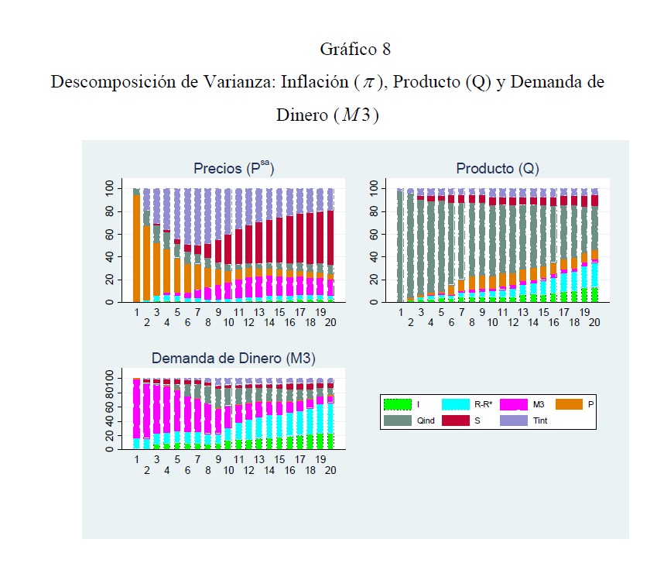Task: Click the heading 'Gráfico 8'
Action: tap(355, 50)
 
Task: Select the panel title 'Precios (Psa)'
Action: tap(233, 168)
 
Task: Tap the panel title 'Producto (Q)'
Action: tap(498, 168)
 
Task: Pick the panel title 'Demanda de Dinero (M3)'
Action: tap(234, 358)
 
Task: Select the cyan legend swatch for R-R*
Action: tap(457, 404)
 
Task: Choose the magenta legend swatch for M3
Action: tap(515, 404)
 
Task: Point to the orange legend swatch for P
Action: tap(572, 404)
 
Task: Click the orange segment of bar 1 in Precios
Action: tap(136, 248)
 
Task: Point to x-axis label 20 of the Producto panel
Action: tap(594, 321)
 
